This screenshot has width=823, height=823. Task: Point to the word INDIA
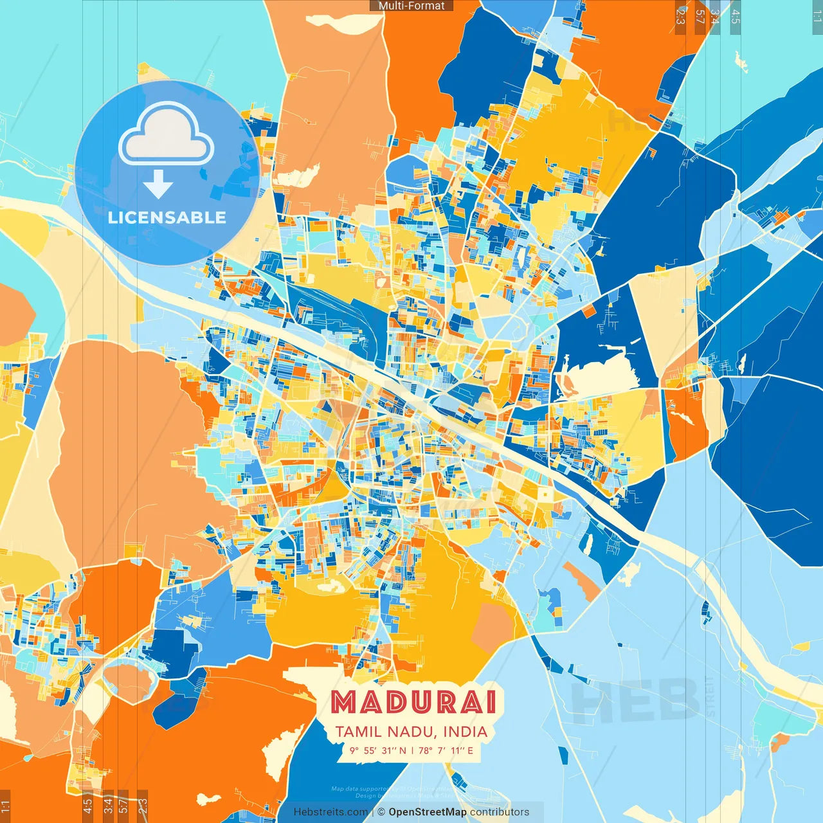(464, 732)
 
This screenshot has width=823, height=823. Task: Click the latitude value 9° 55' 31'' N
(378, 750)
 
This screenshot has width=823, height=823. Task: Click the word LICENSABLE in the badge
(167, 217)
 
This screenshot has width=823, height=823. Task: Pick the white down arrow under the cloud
(158, 185)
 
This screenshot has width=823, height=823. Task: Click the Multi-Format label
(411, 6)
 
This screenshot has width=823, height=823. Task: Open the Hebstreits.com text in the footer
(330, 812)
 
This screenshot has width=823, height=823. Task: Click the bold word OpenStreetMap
(428, 812)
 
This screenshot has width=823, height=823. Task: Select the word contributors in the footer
(500, 812)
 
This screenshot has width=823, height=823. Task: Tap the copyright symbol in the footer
(381, 812)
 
